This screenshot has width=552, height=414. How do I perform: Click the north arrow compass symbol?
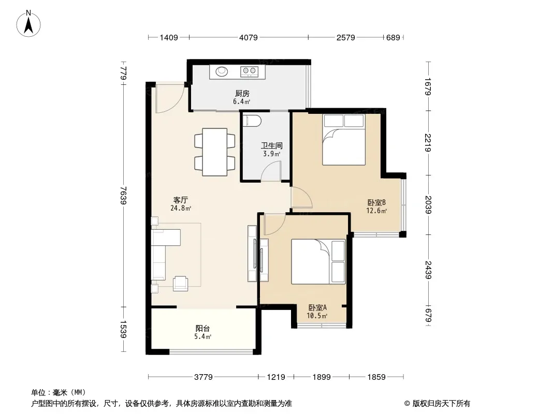click(28, 24)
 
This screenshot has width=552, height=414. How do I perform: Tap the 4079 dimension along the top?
click(249, 37)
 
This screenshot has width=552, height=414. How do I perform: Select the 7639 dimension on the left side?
click(123, 195)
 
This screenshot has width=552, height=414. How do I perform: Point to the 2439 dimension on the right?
click(428, 270)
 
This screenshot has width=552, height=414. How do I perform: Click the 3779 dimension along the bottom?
click(204, 377)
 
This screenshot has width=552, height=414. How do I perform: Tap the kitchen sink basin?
click(222, 71)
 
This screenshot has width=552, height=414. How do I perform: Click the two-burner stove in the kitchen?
click(249, 72)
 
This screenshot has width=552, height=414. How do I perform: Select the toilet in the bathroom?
click(252, 121)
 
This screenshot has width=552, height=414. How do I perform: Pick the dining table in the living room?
click(215, 152)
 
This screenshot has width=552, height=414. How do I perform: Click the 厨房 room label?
click(242, 94)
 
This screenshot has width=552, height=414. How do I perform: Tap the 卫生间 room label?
click(272, 145)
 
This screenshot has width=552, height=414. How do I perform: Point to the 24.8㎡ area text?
click(181, 208)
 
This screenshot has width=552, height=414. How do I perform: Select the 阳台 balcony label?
click(202, 329)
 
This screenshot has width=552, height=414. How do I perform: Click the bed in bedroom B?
click(344, 140)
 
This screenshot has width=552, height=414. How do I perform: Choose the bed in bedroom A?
click(318, 262)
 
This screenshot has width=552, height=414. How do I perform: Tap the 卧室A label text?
click(317, 307)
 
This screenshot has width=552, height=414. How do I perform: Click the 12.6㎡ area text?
click(376, 211)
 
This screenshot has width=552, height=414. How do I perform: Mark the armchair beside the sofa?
click(181, 284)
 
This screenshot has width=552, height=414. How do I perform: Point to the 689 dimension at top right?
click(393, 37)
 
